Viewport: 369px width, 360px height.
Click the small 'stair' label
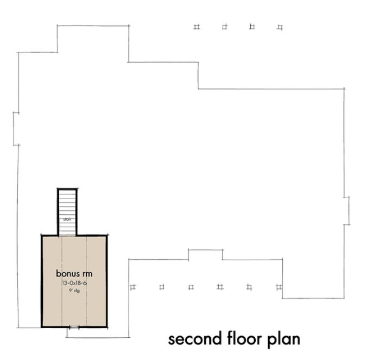67,220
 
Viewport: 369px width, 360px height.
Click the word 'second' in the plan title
190,340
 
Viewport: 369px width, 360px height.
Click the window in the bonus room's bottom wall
74,327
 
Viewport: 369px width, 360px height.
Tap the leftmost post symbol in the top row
196,27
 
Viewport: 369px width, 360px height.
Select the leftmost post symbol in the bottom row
133,286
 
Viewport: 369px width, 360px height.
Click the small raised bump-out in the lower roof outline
205,254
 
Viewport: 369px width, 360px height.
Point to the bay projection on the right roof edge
347,210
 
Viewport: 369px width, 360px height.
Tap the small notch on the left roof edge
16,128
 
